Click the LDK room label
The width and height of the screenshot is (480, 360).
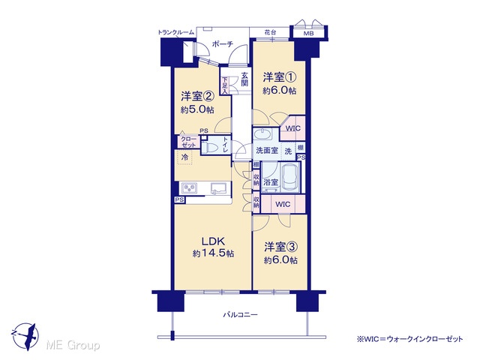tap(213, 241)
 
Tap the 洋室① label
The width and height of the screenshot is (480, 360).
tap(280, 77)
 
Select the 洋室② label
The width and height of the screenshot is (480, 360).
tap(197, 97)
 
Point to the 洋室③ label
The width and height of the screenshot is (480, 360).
tap(281, 247)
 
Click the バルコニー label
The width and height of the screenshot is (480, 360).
tap(240, 314)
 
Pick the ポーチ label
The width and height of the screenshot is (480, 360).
tap(223, 44)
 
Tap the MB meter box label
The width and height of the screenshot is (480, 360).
tap(308, 34)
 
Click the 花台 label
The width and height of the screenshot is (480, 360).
tap(269, 32)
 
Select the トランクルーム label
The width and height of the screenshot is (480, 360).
tap(176, 32)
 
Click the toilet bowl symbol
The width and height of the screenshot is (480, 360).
tap(210, 148)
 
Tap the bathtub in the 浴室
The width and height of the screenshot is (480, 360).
tap(291, 177)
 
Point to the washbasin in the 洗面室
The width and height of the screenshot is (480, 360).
tap(262, 135)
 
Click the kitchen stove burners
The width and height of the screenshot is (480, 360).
tap(189, 187)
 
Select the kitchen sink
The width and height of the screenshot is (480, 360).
tap(217, 187)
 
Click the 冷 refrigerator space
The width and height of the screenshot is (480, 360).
tap(184, 157)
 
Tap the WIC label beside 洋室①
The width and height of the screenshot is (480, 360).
tap(293, 128)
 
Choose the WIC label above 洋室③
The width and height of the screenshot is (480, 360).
tap(283, 204)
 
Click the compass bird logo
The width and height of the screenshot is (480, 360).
tap(25, 336)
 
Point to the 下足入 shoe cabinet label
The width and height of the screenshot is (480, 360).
tap(225, 85)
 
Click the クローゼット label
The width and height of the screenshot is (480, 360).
tap(188, 142)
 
